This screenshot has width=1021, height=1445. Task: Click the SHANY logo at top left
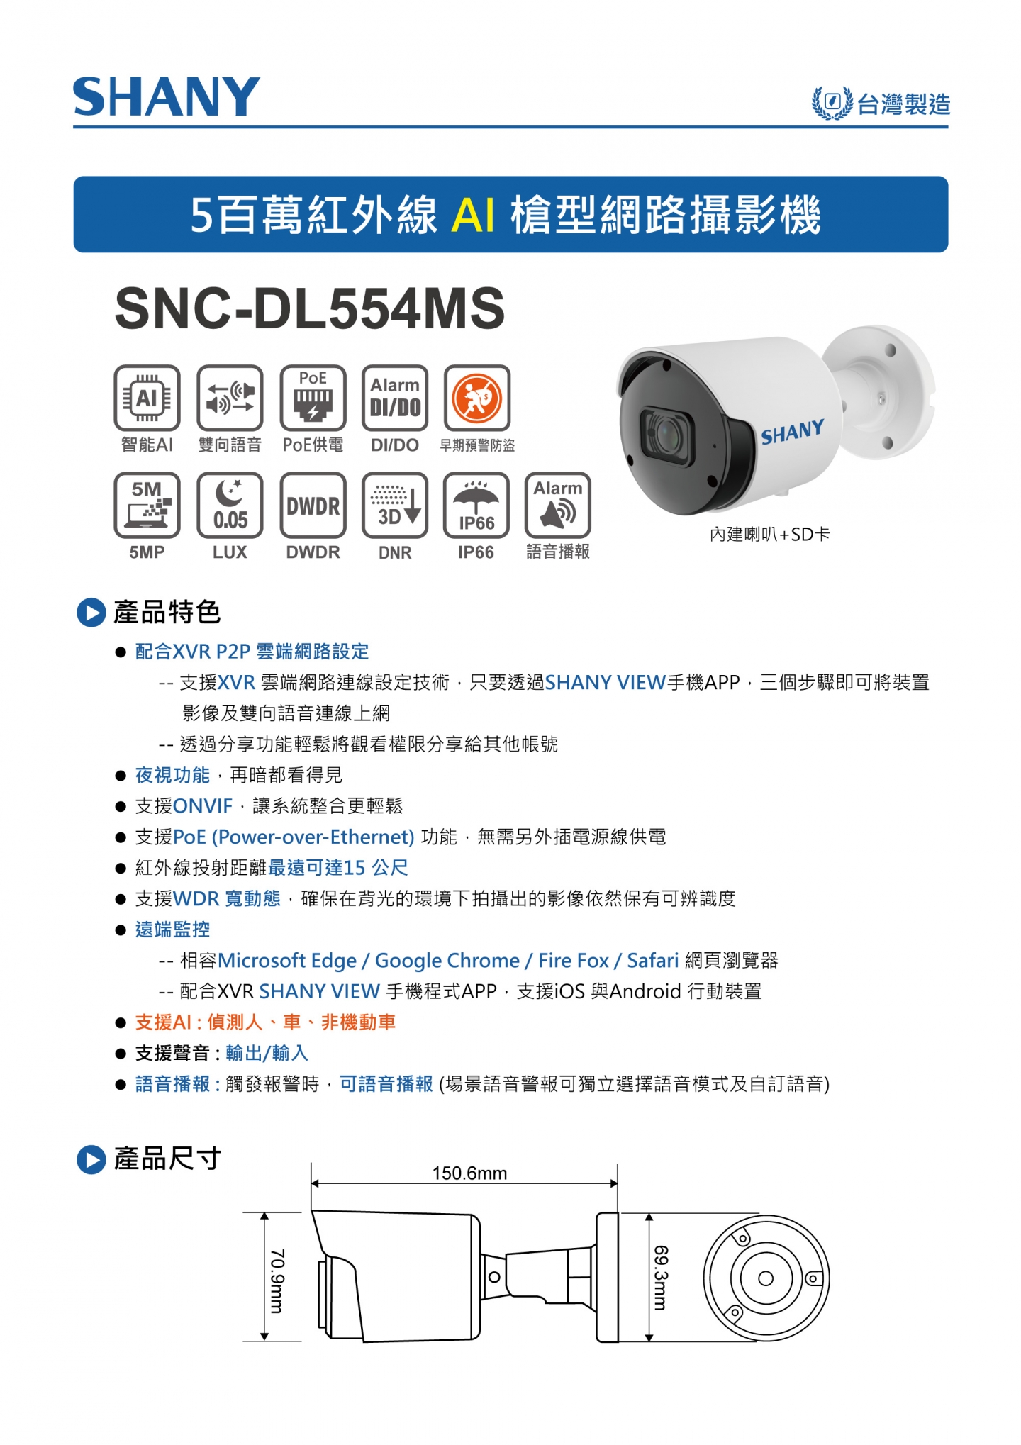click(167, 97)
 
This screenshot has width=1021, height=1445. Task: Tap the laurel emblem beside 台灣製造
click(832, 103)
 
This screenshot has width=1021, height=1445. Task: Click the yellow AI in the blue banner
click(473, 214)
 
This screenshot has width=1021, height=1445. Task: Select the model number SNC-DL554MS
click(310, 308)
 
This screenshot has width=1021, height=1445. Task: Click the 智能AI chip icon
click(147, 398)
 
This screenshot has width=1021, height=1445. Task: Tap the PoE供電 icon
click(313, 398)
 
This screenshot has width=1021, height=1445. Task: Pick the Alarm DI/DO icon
click(395, 398)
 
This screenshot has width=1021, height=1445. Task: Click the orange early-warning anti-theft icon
click(477, 398)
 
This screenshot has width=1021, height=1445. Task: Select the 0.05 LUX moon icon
click(230, 505)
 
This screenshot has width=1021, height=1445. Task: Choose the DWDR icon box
click(313, 505)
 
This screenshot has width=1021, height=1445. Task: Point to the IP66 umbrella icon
click(476, 505)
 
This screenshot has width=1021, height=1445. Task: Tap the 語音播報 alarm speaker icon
click(558, 505)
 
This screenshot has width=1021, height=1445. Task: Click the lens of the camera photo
click(666, 433)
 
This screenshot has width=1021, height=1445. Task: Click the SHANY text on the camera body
click(793, 431)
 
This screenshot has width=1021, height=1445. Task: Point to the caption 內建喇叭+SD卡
click(769, 534)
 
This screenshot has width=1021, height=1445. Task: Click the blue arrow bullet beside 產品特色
click(91, 613)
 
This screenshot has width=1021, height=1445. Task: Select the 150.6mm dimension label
click(469, 1173)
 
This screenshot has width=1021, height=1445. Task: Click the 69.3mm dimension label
click(660, 1278)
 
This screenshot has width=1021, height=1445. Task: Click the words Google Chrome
click(447, 961)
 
